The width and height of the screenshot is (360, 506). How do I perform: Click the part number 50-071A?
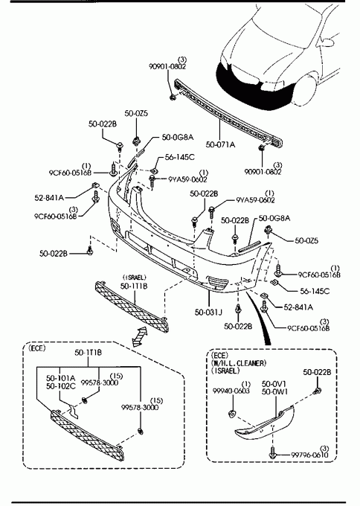tap(220, 144)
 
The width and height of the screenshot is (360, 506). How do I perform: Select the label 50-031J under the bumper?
tap(208, 312)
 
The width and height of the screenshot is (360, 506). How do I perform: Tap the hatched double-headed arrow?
tap(139, 336)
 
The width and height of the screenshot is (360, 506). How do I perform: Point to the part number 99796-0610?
tap(309, 455)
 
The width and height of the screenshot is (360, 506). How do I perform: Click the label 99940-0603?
tap(231, 391)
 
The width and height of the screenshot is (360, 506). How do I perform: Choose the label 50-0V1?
tap(274, 384)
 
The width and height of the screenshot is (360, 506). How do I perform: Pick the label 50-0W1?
tap(274, 391)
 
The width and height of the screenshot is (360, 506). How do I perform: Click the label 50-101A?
tap(61, 378)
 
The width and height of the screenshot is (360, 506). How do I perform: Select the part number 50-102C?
tap(61, 386)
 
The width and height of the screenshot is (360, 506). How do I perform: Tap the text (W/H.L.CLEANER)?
tap(239, 363)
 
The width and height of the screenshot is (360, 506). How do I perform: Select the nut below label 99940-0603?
tap(231, 414)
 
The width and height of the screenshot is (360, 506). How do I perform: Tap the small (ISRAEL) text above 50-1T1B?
tap(135, 278)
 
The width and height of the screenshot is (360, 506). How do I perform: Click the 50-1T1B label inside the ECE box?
tap(88, 353)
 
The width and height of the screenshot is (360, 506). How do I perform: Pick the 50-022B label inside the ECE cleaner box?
tap(317, 372)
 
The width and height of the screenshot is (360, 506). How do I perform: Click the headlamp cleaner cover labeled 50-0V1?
tap(265, 423)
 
